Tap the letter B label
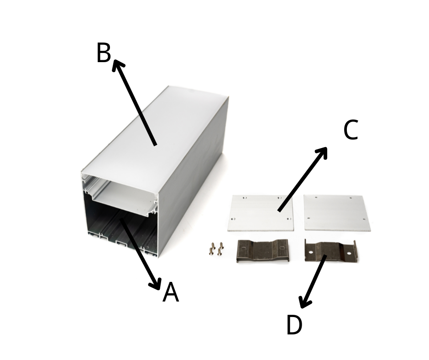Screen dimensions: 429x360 [x=104, y=53]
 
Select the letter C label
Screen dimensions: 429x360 [x=351, y=130]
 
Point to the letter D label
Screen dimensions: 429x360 [x=294, y=325]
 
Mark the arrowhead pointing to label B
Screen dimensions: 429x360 [x=117, y=65]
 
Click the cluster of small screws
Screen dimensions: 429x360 [x=216, y=249]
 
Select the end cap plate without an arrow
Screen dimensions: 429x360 [x=337, y=213]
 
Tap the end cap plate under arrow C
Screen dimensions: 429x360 [x=261, y=213]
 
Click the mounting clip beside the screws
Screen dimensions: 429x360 [x=262, y=250]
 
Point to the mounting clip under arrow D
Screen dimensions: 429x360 [x=330, y=250]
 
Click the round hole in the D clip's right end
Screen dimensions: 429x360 [x=349, y=254]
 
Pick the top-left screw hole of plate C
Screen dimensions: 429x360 [x=245, y=197]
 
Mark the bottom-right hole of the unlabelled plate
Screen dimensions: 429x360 [x=364, y=219]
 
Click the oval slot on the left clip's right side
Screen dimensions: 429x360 [x=282, y=248]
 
